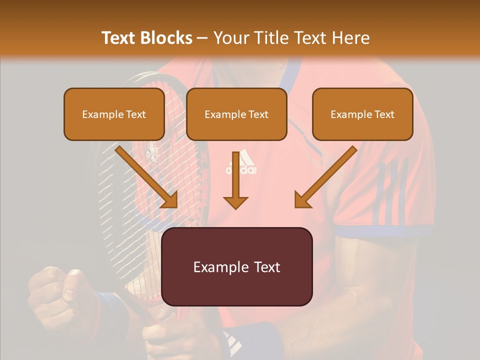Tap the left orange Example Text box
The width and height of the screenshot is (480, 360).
click(x=114, y=114)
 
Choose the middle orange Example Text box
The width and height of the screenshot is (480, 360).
click(x=236, y=114)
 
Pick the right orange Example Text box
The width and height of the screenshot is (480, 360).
click(x=362, y=114)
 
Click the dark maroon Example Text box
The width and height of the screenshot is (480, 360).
click(x=236, y=267)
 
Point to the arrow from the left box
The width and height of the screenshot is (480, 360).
click(x=147, y=177)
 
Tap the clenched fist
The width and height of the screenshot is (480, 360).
click(x=60, y=295)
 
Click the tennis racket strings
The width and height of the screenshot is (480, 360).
click(x=120, y=200)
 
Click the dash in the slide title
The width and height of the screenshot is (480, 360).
click(x=202, y=38)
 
